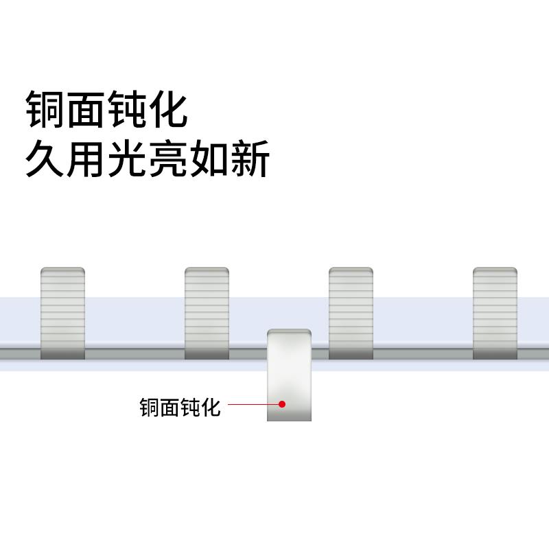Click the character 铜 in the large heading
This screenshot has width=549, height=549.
(46, 110)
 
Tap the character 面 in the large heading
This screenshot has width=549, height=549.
(87, 110)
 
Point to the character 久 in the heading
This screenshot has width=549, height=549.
(46, 159)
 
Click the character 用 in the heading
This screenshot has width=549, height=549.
(87, 159)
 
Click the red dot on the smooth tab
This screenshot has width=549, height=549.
(282, 404)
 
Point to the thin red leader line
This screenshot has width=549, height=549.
(250, 404)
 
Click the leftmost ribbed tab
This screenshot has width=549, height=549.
(62, 313)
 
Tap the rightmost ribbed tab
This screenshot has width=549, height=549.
(495, 313)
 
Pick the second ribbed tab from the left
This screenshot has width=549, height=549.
(207, 313)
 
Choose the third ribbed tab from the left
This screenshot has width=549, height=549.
(351, 313)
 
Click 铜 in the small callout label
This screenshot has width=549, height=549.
(149, 408)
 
